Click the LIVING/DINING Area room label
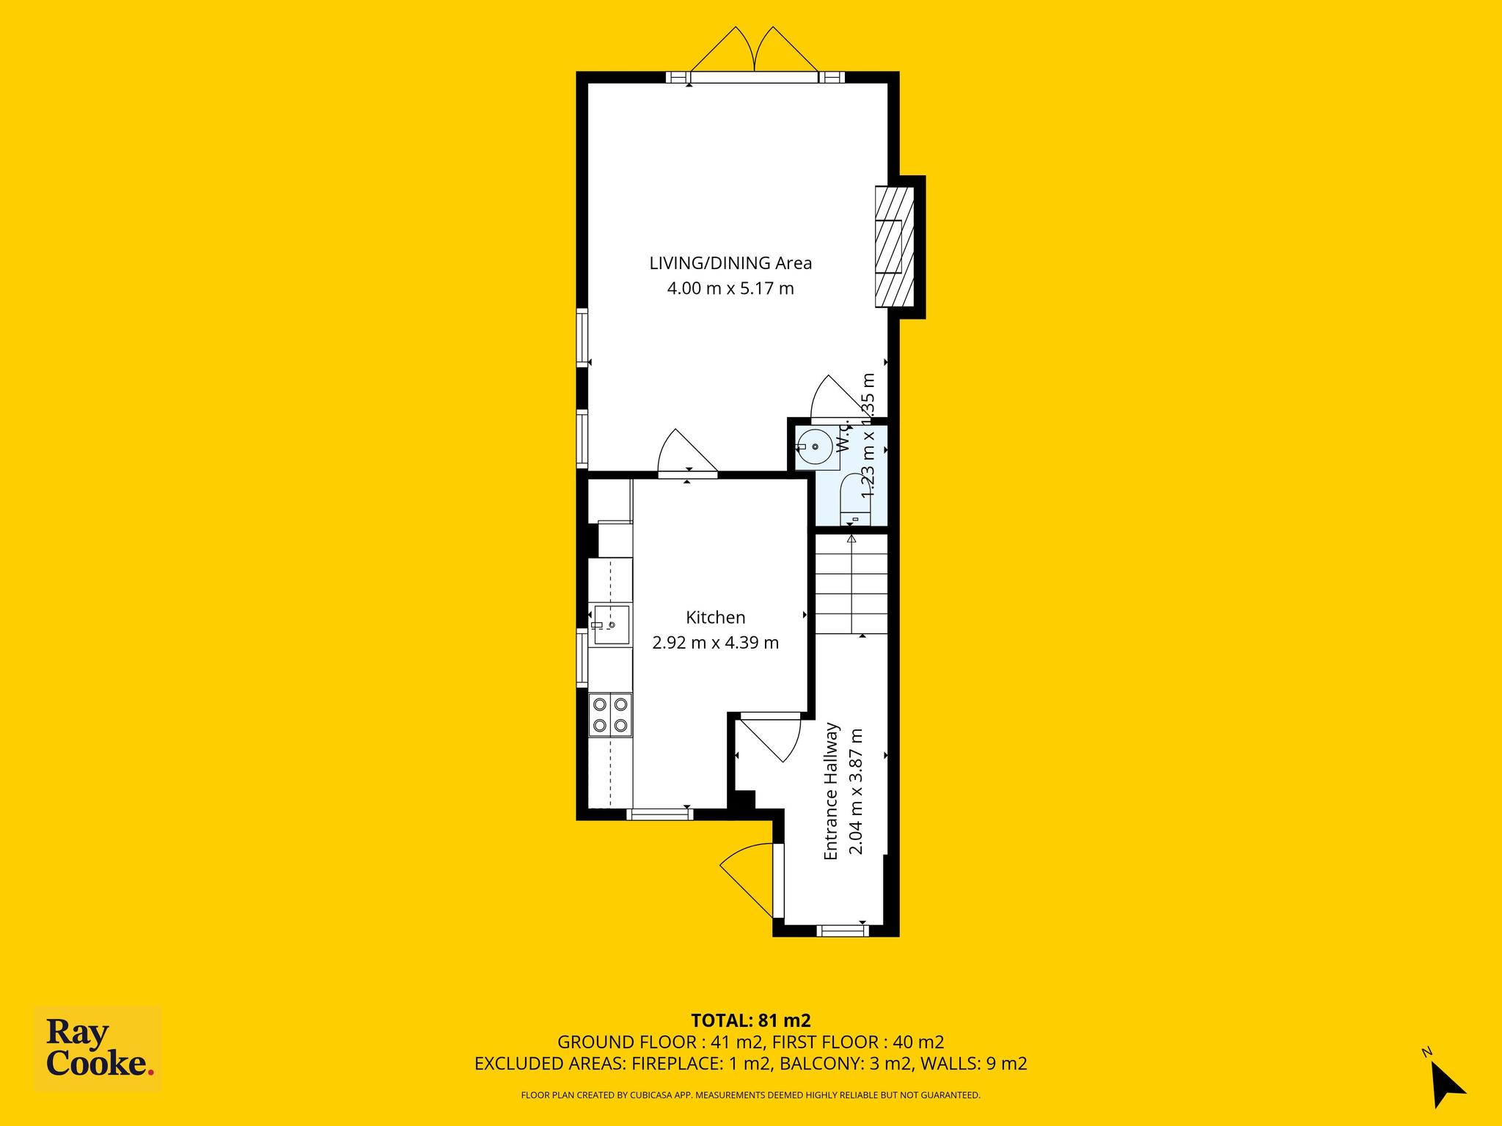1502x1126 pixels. pyautogui.click(x=730, y=263)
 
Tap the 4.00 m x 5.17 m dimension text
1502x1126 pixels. pyautogui.click(x=730, y=288)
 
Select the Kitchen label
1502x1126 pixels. pyautogui.click(x=716, y=617)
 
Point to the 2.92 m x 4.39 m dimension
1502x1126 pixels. pyautogui.click(x=716, y=643)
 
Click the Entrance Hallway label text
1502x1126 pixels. pyautogui.click(x=831, y=791)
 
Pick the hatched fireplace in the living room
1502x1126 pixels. pyautogui.click(x=895, y=246)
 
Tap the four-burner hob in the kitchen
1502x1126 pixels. pyautogui.click(x=610, y=715)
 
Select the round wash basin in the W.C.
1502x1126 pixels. pyautogui.click(x=814, y=446)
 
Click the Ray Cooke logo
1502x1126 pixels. pyautogui.click(x=98, y=1050)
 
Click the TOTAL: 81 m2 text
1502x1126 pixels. pyautogui.click(x=751, y=1020)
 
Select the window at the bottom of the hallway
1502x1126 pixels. pyautogui.click(x=843, y=931)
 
